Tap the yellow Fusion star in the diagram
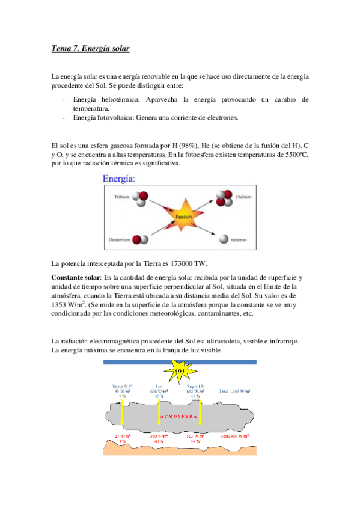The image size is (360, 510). pos(183,215)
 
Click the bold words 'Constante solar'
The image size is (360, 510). pos(76,277)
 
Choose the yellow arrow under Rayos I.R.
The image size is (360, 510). pos(200,414)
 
